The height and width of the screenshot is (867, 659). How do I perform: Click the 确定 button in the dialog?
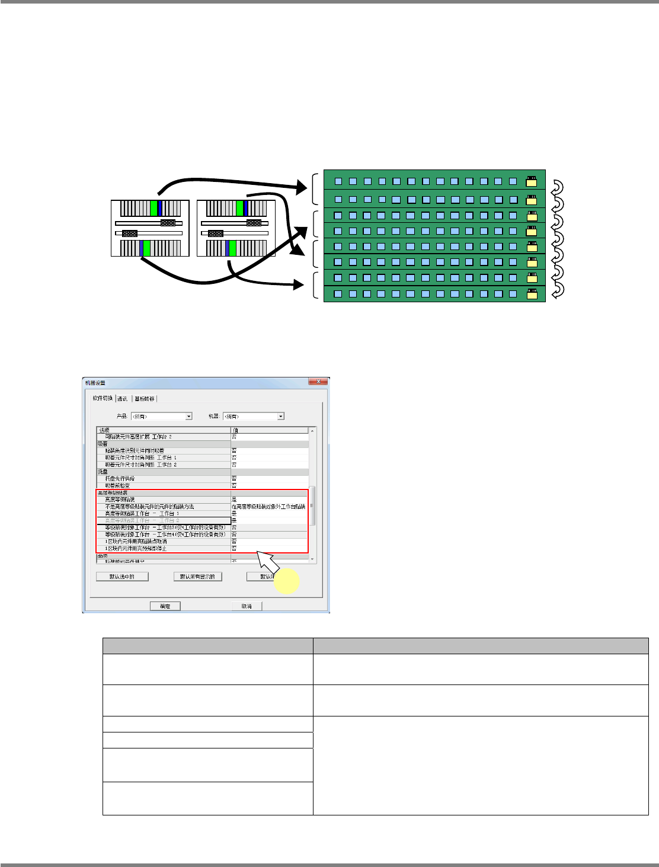tap(165, 606)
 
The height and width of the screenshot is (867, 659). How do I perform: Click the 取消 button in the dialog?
tap(247, 606)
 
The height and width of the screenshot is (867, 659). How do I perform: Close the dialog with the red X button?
tap(318, 382)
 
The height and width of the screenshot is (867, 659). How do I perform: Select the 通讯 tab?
tap(123, 398)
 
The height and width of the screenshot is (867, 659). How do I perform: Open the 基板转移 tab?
tap(145, 398)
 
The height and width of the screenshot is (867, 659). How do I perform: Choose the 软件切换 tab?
tap(103, 398)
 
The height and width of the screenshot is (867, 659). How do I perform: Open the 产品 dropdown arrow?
tap(188, 416)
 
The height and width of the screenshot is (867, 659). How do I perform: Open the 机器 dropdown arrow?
tap(280, 416)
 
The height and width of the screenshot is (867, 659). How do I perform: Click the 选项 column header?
tap(164, 430)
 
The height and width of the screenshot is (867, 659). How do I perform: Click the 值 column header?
tap(270, 430)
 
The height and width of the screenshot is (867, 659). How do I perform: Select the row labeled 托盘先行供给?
tap(164, 478)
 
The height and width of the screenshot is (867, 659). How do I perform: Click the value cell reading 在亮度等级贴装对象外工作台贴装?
tap(269, 507)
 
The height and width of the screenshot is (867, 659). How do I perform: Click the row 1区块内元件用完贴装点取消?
tap(164, 541)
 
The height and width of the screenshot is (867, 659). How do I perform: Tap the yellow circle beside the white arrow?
tap(285, 581)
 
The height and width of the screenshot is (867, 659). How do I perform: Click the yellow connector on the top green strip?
tap(532, 181)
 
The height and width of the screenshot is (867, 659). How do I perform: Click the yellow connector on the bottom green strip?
tap(532, 294)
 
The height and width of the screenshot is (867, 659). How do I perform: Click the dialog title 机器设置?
tap(95, 383)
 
